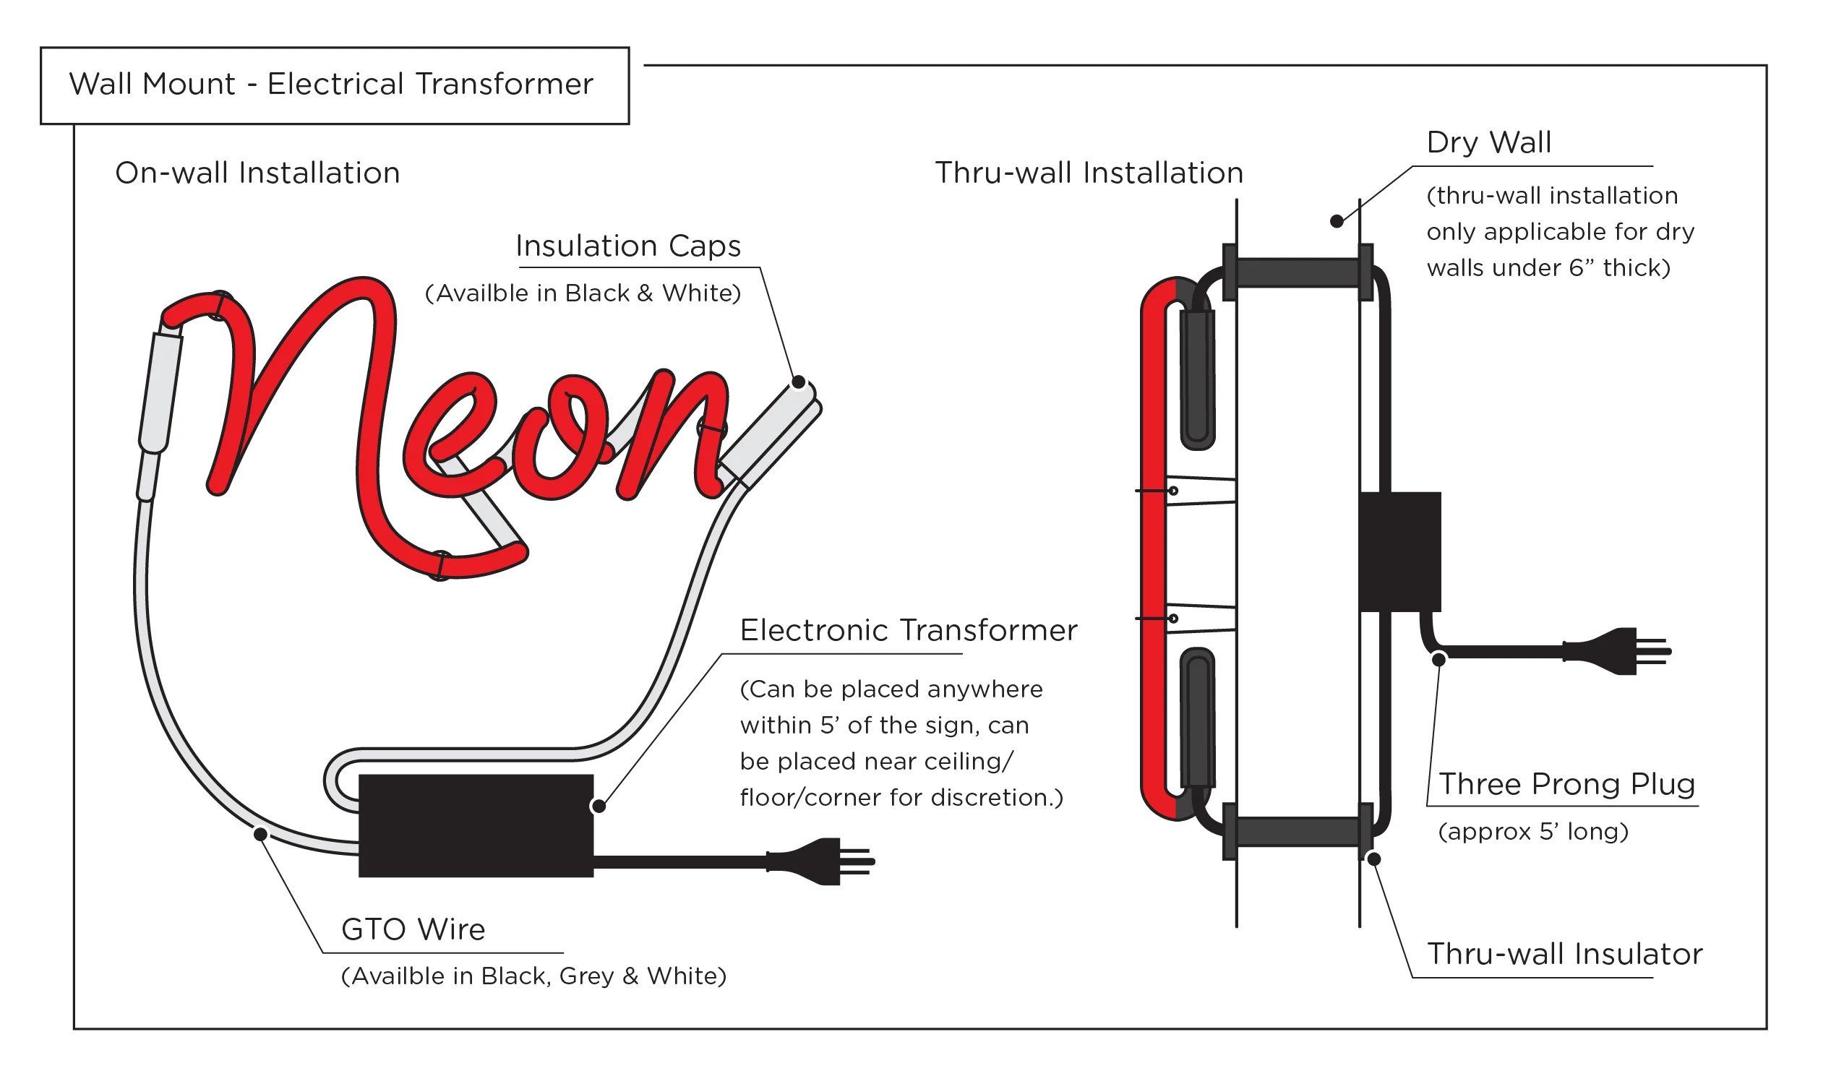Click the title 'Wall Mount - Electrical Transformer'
pyautogui.click(x=331, y=84)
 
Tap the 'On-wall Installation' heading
pyautogui.click(x=257, y=173)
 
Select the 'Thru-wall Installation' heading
pyautogui.click(x=1089, y=173)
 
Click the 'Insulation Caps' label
pyautogui.click(x=628, y=246)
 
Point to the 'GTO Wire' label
pyautogui.click(x=413, y=929)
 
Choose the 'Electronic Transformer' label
pyautogui.click(x=908, y=630)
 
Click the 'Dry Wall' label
pyautogui.click(x=1488, y=142)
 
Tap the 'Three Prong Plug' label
pyautogui.click(x=1566, y=784)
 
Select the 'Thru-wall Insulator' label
pyautogui.click(x=1564, y=955)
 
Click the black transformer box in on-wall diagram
pyautogui.click(x=476, y=826)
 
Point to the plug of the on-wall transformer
pyautogui.click(x=820, y=861)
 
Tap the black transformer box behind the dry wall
pyautogui.click(x=1399, y=551)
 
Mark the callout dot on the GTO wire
pyautogui.click(x=260, y=835)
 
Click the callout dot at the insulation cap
pyautogui.click(x=798, y=382)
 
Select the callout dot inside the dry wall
pyautogui.click(x=1336, y=221)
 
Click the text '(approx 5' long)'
pyautogui.click(x=1533, y=833)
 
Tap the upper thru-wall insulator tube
pyautogui.click(x=1298, y=272)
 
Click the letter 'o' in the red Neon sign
pyautogui.click(x=560, y=439)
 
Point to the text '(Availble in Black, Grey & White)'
pyautogui.click(x=533, y=976)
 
